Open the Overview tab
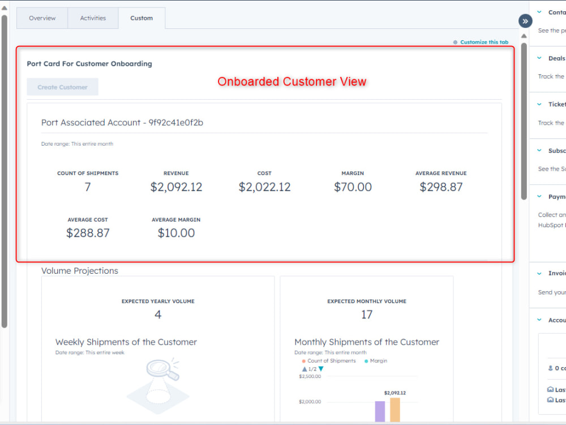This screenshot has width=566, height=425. (x=42, y=18)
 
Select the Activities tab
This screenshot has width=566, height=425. (x=93, y=18)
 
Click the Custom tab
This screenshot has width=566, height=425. (x=141, y=18)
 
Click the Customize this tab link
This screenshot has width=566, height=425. (x=484, y=42)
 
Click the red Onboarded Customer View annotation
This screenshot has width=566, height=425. (x=292, y=82)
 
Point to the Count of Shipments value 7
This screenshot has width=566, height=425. (x=88, y=187)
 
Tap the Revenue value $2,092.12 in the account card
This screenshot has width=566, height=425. (x=176, y=187)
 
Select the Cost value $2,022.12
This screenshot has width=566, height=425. (x=264, y=187)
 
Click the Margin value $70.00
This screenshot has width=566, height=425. (x=353, y=187)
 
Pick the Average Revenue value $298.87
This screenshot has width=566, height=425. (x=441, y=187)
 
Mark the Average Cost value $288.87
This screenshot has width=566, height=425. (x=88, y=233)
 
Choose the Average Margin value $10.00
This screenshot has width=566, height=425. (x=176, y=233)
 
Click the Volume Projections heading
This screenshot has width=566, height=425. (x=80, y=271)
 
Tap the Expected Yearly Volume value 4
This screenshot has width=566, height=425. (x=158, y=314)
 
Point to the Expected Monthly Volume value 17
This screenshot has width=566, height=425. (x=367, y=314)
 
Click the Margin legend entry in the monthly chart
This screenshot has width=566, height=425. (x=378, y=361)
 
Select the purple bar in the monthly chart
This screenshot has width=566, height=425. (x=380, y=411)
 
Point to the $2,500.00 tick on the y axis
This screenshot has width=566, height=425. (x=310, y=376)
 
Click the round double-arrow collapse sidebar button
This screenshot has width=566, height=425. (x=525, y=21)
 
